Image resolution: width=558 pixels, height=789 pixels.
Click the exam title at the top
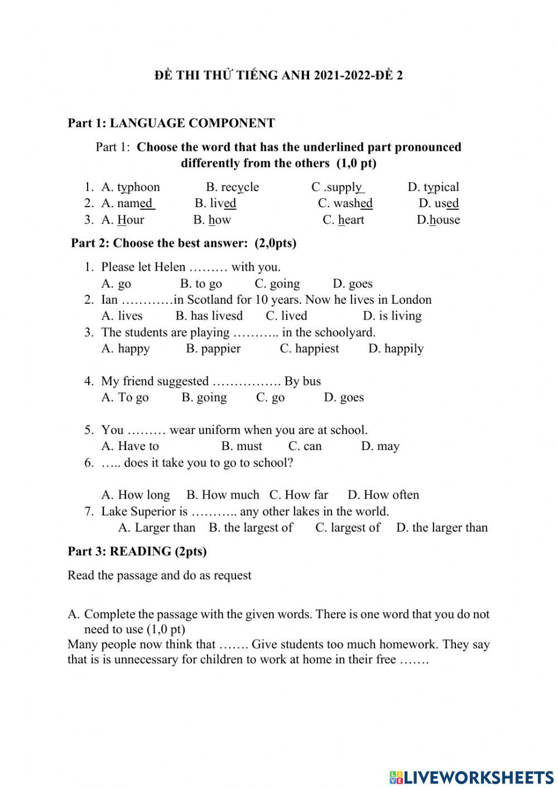point(278,75)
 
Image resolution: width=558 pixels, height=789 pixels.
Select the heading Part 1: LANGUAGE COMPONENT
point(171,123)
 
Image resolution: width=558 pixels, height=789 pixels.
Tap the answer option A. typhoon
point(131,187)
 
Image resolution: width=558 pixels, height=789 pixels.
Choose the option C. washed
point(345,203)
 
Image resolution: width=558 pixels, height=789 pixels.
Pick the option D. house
point(438,220)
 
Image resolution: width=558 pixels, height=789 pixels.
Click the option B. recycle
point(232,187)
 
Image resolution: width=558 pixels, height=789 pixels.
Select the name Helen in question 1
point(170,267)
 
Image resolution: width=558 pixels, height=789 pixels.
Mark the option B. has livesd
point(209,316)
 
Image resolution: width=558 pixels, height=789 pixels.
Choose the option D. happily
point(396,348)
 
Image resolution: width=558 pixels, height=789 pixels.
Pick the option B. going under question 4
point(204,398)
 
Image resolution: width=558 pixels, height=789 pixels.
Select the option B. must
point(241,446)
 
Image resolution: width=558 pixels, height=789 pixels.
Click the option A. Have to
point(130,446)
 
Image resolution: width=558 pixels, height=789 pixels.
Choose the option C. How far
point(299,495)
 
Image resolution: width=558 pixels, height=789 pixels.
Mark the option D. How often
point(383,495)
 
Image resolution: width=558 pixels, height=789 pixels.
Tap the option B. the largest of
point(251,528)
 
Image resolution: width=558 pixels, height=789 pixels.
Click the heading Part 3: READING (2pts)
point(137,552)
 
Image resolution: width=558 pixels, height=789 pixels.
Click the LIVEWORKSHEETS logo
point(472,777)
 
